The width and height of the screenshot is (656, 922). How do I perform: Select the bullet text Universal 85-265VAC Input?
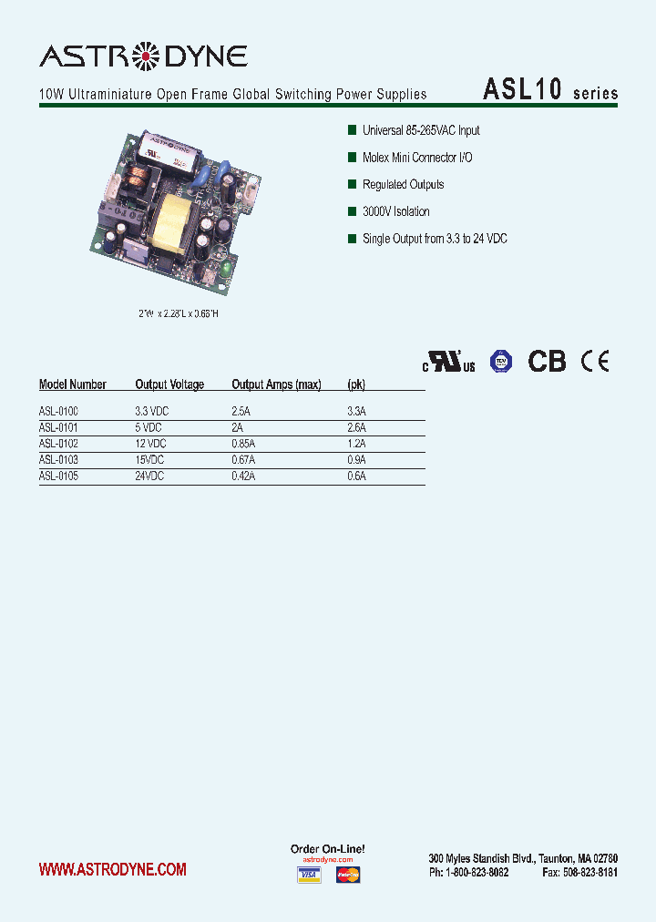tap(421, 130)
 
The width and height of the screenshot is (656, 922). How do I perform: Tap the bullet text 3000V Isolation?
tap(395, 211)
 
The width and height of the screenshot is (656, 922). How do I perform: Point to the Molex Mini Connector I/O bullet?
tap(417, 158)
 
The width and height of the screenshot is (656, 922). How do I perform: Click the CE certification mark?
tap(595, 361)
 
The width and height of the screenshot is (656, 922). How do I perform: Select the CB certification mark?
tap(547, 361)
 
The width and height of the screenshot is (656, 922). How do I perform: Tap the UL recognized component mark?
tap(448, 362)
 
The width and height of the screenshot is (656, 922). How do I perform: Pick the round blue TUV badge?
tap(500, 361)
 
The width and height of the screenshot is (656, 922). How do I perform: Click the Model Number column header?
tap(73, 384)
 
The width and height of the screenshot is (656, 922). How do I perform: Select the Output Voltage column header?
tap(169, 384)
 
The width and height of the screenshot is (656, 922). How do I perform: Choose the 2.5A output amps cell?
tap(241, 412)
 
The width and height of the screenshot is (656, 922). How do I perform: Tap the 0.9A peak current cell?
tap(356, 460)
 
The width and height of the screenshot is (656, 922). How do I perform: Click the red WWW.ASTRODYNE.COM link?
tap(113, 870)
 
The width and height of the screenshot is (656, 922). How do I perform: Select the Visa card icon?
tap(310, 876)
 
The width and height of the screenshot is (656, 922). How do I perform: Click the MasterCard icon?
tap(348, 876)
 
